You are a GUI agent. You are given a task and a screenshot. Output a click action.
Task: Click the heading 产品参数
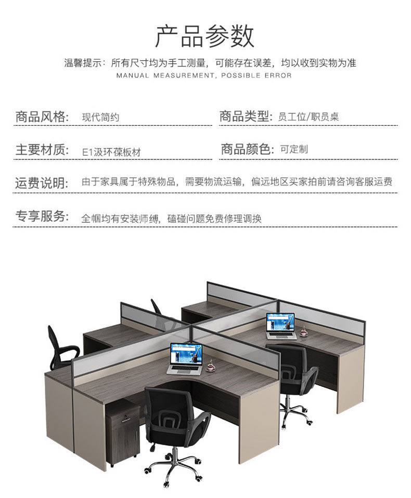pyautogui.click(x=205, y=36)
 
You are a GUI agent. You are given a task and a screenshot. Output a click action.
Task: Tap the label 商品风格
pyautogui.click(x=42, y=117)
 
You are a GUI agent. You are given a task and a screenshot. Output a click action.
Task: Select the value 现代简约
pyautogui.click(x=100, y=117)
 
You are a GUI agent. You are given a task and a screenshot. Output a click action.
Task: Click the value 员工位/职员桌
pyautogui.click(x=309, y=117)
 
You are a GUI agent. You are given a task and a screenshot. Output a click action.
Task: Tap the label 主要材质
pyautogui.click(x=42, y=151)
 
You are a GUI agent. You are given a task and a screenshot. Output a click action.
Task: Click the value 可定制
pyautogui.click(x=294, y=150)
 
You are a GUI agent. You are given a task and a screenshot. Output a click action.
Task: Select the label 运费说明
pyautogui.click(x=42, y=183)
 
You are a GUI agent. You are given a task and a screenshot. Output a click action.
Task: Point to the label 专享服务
pyautogui.click(x=42, y=217)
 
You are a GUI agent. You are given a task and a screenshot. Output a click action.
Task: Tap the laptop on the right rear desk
pyautogui.click(x=281, y=326)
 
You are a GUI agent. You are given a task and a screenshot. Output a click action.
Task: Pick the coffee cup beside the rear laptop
pyautogui.click(x=303, y=331)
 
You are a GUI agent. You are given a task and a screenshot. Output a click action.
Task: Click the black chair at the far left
pyautogui.click(x=60, y=345)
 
